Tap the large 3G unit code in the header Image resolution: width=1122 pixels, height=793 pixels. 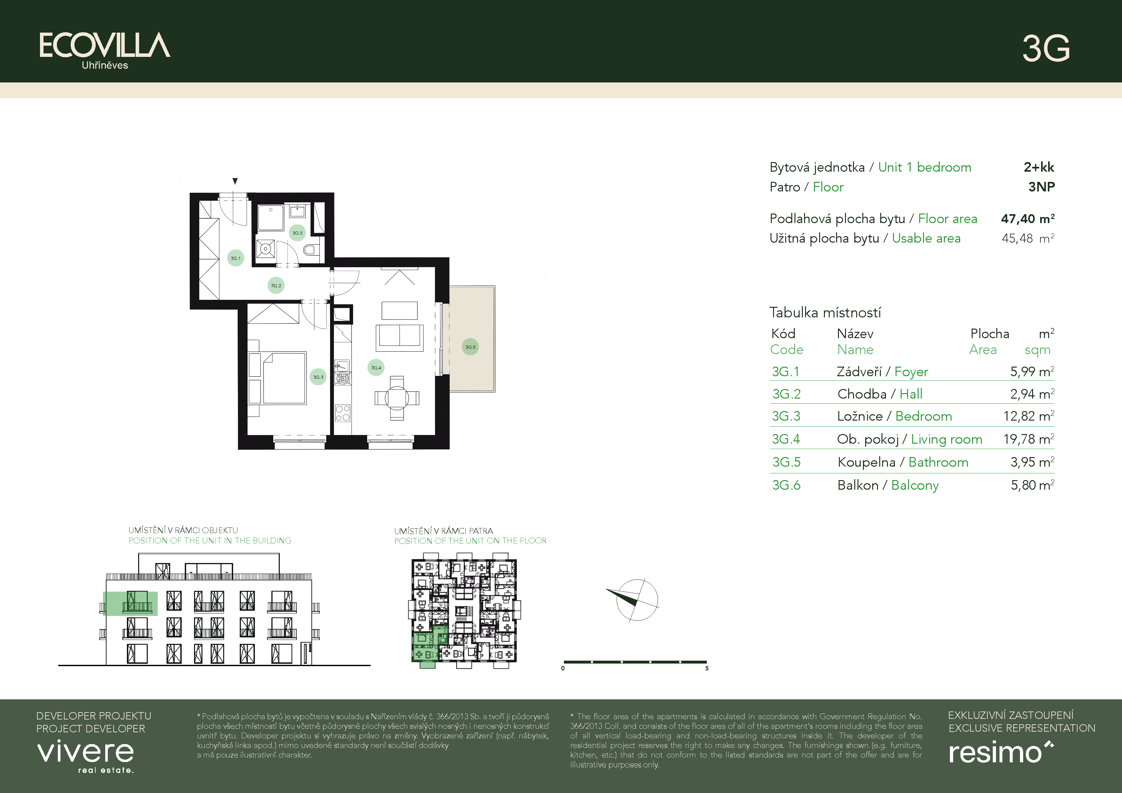pos(1046,48)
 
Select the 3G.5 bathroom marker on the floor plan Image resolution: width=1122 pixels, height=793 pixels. pos(297,233)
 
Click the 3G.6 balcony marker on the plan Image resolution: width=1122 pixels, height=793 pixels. pos(470,347)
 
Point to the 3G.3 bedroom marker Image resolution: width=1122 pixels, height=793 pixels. pos(318,377)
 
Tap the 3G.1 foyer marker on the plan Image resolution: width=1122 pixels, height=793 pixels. pos(235,258)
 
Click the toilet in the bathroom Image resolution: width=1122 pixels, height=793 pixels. pos(311,250)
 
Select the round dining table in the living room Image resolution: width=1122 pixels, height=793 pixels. pos(397,398)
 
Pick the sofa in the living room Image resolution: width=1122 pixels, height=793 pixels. pos(399,338)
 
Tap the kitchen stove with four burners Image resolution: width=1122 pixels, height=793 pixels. pos(343,413)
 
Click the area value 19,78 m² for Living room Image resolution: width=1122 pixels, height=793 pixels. pos(1029,439)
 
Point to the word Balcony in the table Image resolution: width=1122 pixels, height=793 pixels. pos(915,486)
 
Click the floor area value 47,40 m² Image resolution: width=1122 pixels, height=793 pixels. pos(1028,219)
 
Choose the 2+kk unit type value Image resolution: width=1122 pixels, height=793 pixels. pos(1039,167)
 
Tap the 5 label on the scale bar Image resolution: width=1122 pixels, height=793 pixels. pos(707,668)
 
